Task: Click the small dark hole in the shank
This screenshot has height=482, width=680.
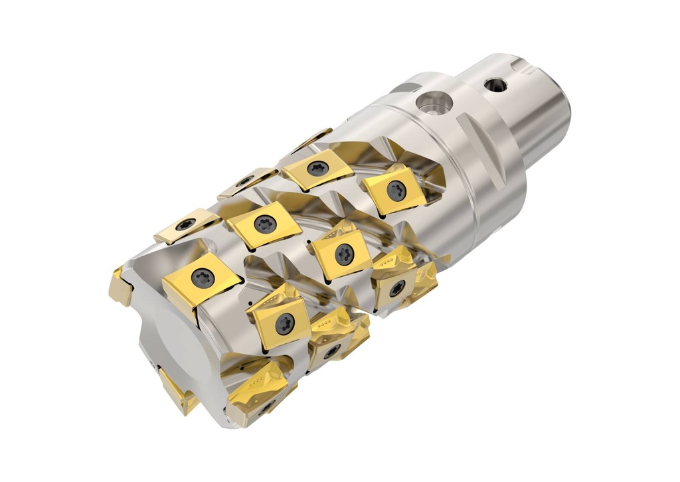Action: [495, 84]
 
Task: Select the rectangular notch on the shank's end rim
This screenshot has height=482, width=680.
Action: [524, 65]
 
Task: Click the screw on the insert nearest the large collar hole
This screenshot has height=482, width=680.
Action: [396, 191]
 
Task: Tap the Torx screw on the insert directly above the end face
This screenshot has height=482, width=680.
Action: [203, 278]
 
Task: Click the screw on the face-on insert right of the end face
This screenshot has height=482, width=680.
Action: [285, 323]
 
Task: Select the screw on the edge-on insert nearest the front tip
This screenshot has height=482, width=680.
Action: [185, 224]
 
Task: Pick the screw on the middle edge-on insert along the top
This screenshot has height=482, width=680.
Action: [246, 181]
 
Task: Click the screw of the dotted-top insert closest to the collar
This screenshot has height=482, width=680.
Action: [396, 287]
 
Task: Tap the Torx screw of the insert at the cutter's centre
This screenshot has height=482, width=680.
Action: [344, 253]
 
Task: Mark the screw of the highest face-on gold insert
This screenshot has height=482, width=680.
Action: [317, 168]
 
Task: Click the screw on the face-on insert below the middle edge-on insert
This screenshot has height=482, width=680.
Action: [265, 224]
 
